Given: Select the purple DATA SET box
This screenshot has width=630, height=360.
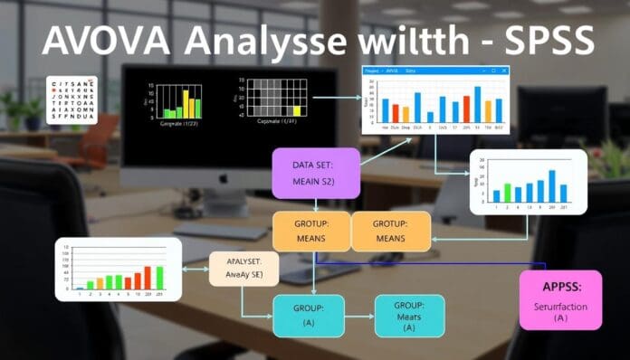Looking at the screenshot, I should [316, 174].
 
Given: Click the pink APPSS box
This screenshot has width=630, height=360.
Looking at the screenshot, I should [560, 299].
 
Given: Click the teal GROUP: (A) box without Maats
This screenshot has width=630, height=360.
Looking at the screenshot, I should [309, 315].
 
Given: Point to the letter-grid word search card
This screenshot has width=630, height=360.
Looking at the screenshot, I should [72, 99].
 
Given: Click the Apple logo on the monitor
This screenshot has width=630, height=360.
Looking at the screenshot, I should [223, 178].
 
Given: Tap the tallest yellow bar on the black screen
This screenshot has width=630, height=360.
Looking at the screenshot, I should [186, 102].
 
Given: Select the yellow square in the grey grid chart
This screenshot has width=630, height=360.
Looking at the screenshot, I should [296, 110].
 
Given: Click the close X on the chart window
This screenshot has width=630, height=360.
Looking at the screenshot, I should [504, 71].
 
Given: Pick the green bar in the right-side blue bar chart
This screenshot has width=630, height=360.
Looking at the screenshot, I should [507, 193].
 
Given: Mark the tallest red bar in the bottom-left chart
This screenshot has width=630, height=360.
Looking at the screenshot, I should [148, 276].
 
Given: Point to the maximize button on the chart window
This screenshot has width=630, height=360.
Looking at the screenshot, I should [494, 71].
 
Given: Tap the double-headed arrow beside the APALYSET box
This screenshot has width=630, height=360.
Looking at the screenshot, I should [195, 269].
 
